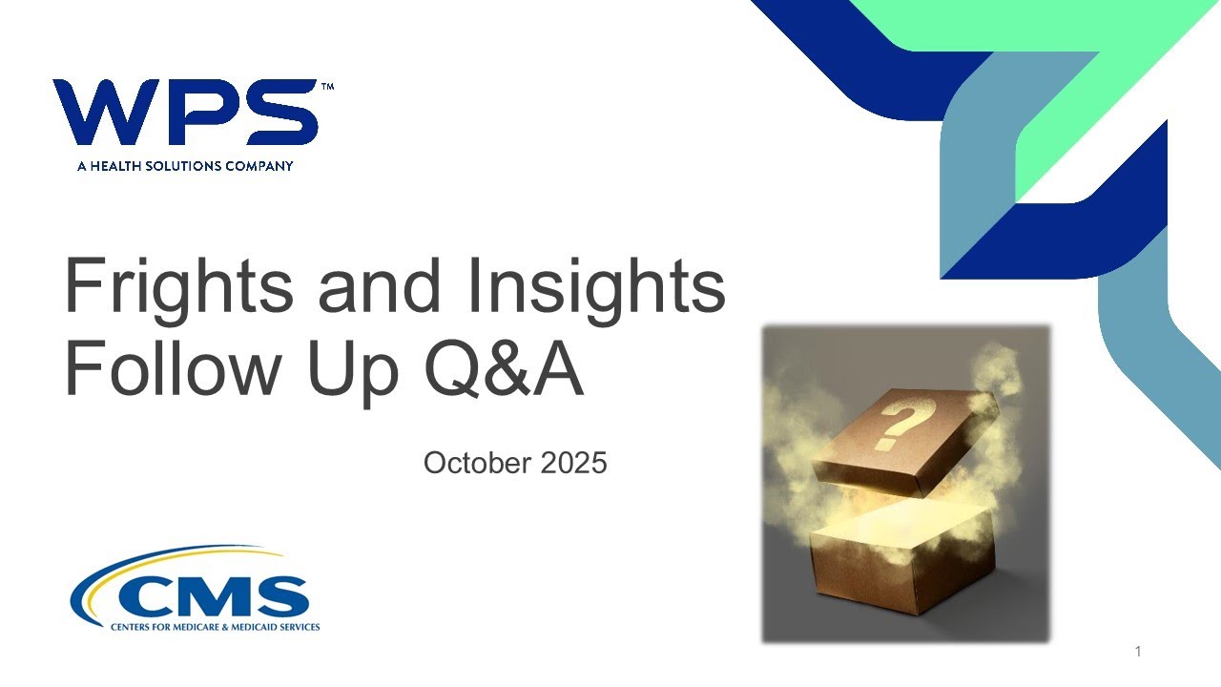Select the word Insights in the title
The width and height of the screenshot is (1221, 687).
(595, 287)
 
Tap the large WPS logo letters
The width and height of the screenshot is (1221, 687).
(185, 113)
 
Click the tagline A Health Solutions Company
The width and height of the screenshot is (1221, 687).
(185, 166)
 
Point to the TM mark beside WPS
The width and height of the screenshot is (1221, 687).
(327, 87)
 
